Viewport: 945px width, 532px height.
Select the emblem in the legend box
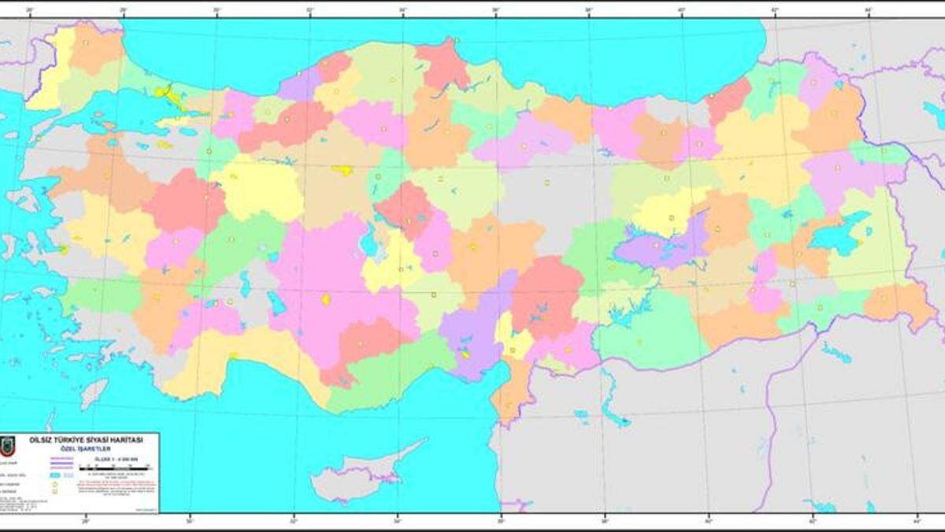pyautogui.click(x=7, y=445)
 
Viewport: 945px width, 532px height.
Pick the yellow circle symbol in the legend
pyautogui.click(x=55, y=485)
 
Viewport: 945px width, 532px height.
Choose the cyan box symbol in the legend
pyautogui.click(x=57, y=476)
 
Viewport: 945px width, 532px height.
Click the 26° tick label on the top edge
pyautogui.click(x=30, y=11)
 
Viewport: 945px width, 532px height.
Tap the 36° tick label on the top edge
pyautogui.click(x=496, y=11)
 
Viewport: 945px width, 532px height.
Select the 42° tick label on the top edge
pyautogui.click(x=775, y=11)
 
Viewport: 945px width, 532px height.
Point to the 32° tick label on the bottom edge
pyautogui.click(x=294, y=521)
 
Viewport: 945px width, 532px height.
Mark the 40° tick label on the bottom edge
pyautogui.click(x=709, y=521)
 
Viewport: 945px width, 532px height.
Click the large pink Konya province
pyautogui.click(x=315, y=276)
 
